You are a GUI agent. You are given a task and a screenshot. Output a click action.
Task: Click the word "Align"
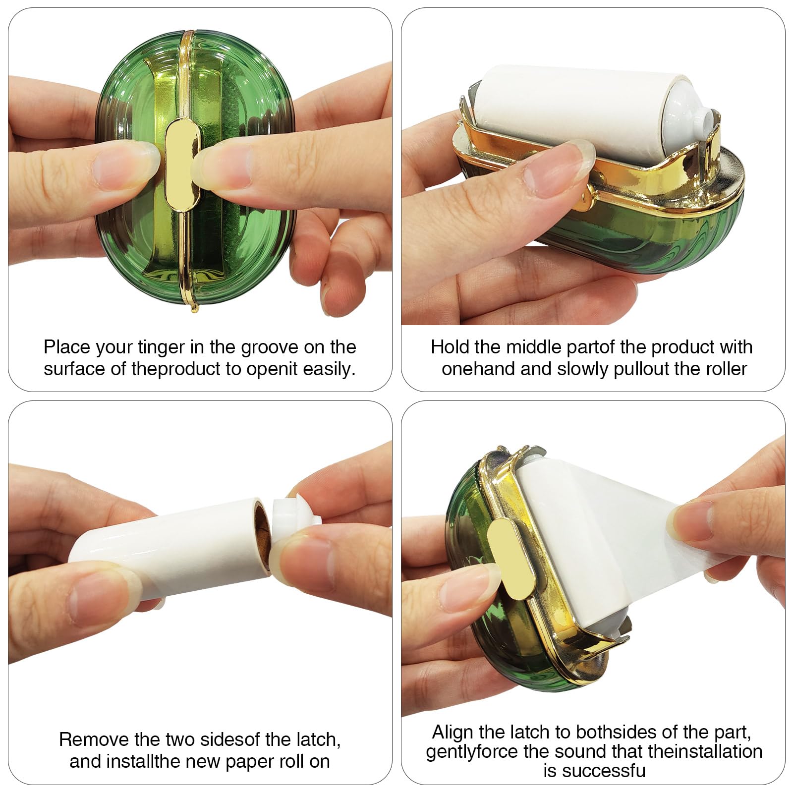point(453,732)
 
